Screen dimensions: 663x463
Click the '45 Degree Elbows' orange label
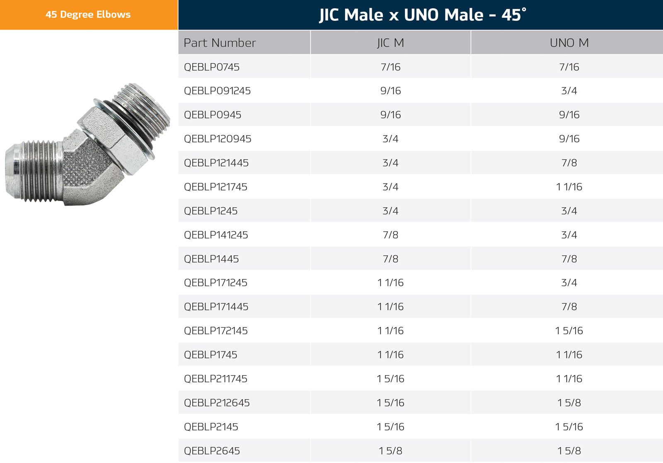point(88,15)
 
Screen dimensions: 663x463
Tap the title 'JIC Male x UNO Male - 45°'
point(423,15)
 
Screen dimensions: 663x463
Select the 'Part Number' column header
point(220,43)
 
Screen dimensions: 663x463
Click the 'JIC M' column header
point(390,43)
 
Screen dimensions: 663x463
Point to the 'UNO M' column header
point(569,43)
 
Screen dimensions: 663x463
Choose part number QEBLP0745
point(212,67)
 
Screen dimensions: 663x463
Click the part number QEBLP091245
point(217,91)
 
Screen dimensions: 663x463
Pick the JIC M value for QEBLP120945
point(390,138)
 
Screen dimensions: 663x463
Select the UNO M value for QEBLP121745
point(569,187)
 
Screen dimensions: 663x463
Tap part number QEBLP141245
point(216,235)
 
